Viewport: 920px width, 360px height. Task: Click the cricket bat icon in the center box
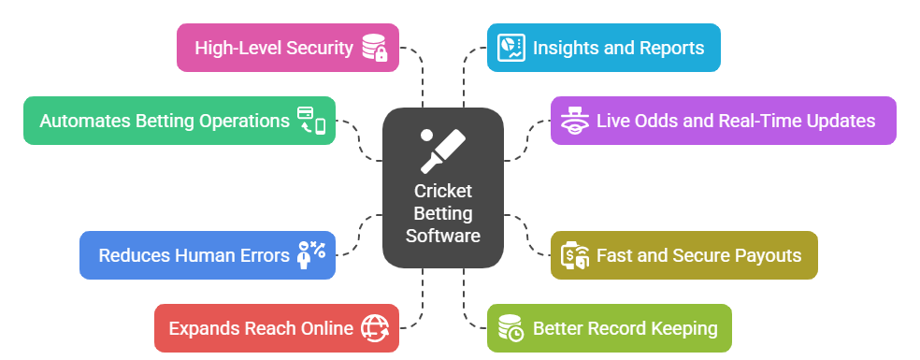pyautogui.click(x=442, y=150)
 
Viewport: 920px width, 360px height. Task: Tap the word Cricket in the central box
pyautogui.click(x=443, y=191)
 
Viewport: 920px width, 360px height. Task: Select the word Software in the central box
pyautogui.click(x=443, y=236)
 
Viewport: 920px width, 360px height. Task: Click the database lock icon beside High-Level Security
pyautogui.click(x=376, y=48)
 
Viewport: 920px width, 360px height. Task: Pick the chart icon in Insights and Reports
pyautogui.click(x=510, y=48)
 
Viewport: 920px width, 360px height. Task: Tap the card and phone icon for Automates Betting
pyautogui.click(x=311, y=121)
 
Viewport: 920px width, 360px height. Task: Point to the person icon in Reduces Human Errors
pyautogui.click(x=309, y=254)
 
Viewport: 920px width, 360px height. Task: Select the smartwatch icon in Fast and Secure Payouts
pyautogui.click(x=572, y=254)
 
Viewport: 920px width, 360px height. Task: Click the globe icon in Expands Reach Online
pyautogui.click(x=375, y=328)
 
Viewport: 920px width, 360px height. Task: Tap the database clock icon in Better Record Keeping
pyautogui.click(x=510, y=328)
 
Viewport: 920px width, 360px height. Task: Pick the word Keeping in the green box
pyautogui.click(x=683, y=328)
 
